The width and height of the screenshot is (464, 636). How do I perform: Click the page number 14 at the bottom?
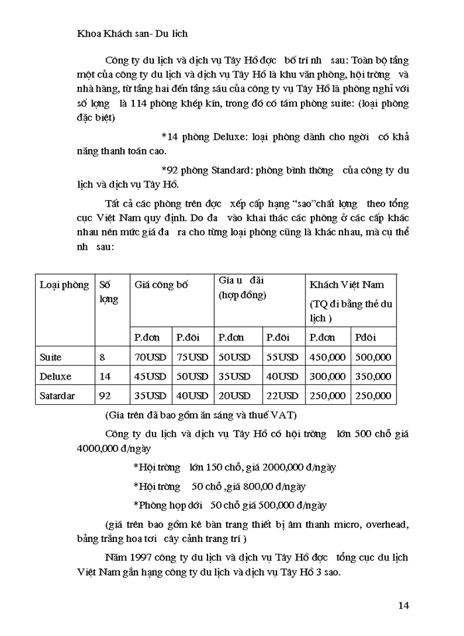(404, 604)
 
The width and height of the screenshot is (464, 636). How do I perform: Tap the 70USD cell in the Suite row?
(150, 357)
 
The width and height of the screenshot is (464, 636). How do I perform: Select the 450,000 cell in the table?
(327, 357)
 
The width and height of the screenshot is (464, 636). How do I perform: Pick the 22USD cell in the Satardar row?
(282, 396)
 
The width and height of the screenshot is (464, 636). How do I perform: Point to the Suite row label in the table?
(51, 357)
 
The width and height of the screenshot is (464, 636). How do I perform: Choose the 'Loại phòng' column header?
(64, 285)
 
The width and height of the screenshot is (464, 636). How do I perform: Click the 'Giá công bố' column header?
(161, 285)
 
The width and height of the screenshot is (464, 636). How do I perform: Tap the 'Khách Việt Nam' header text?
(347, 285)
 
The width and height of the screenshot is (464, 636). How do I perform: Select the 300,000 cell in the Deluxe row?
(327, 376)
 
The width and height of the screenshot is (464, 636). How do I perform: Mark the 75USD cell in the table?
(192, 357)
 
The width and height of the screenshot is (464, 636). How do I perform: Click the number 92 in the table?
(105, 396)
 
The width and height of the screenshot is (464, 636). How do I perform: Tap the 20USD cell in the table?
(235, 396)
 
